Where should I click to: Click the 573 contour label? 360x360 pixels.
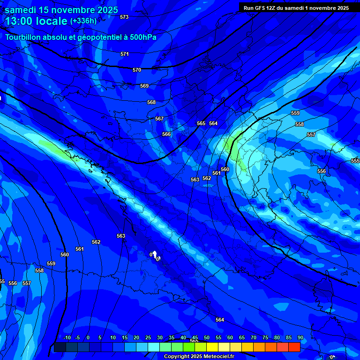coord(124,17)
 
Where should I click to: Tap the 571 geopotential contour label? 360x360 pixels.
coord(125,54)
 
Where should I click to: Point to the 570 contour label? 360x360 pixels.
coord(137,70)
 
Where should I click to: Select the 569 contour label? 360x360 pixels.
coord(144,86)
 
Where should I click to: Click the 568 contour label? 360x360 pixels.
coord(151,103)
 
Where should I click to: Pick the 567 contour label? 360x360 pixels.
coord(159,119)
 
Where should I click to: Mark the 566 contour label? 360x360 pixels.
coord(166,135)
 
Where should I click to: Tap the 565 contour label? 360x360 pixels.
coord(201,124)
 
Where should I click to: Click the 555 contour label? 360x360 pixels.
coord(355,161)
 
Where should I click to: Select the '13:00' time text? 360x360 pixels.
coord(20,21)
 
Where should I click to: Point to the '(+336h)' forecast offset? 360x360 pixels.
coord(83,21)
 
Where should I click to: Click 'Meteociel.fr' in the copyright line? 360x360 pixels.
coord(218,357)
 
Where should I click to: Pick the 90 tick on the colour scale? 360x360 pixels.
coord(300,338)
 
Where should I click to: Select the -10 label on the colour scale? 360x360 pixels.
coord(67,338)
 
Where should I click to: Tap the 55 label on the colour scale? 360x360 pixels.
coord(218,338)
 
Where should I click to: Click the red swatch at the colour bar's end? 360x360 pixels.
coord(294,347)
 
